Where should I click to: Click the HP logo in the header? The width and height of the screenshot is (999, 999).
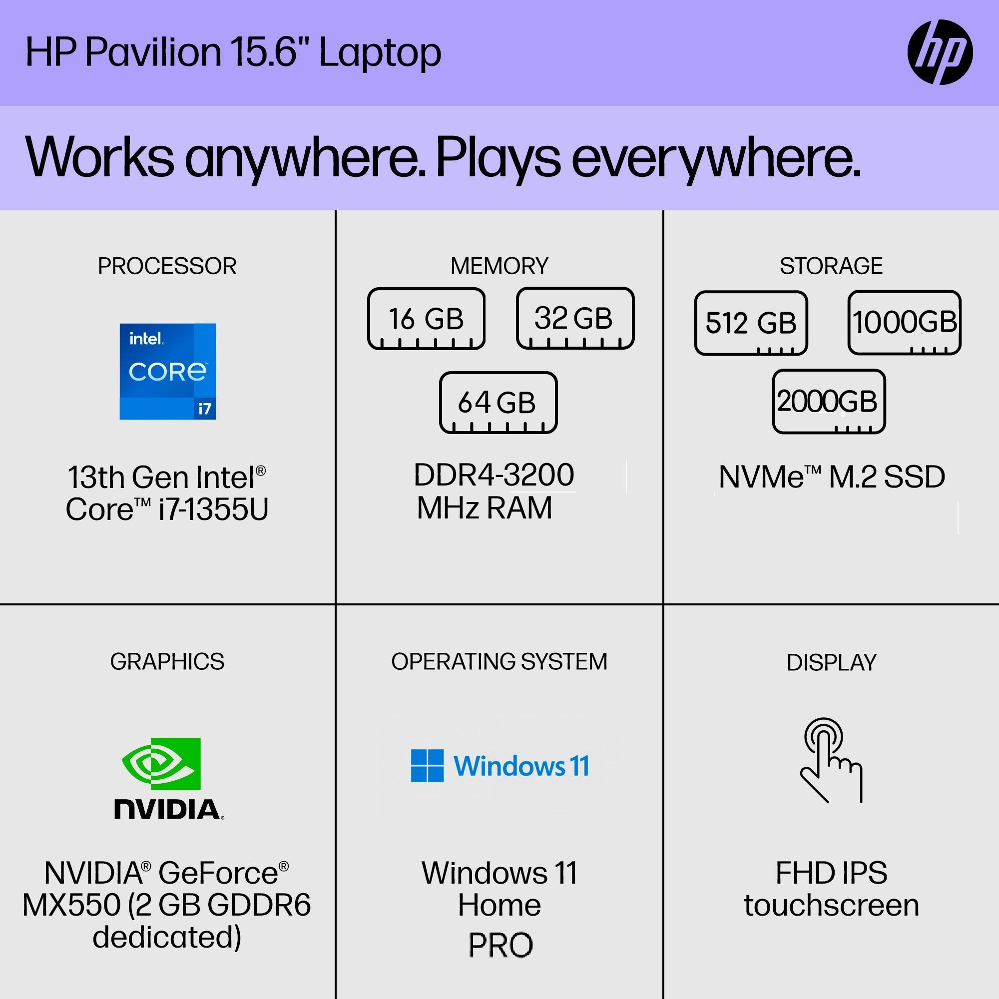click(940, 52)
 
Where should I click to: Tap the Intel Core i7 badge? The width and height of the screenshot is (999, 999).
click(167, 371)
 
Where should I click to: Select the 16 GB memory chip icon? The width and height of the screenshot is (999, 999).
click(426, 319)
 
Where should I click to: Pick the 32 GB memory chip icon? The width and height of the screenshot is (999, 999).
click(575, 318)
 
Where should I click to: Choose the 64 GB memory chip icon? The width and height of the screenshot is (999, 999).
click(498, 402)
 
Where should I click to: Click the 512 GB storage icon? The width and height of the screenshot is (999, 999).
click(751, 323)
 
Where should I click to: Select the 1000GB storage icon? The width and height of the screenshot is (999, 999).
click(905, 323)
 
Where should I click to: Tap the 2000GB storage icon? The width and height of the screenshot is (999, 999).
click(829, 402)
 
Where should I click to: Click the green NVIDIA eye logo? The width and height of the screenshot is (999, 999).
click(161, 764)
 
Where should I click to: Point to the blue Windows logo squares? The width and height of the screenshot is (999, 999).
click(427, 766)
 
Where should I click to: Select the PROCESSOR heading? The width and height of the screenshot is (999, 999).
click(167, 266)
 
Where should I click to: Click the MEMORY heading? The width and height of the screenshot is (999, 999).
click(499, 266)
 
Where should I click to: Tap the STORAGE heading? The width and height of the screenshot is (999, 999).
click(832, 266)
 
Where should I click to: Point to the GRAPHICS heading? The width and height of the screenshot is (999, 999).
click(167, 662)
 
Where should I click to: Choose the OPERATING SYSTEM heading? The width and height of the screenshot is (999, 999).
click(499, 662)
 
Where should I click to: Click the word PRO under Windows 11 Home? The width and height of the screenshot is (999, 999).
click(500, 945)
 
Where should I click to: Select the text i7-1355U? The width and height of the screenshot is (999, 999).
click(214, 509)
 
